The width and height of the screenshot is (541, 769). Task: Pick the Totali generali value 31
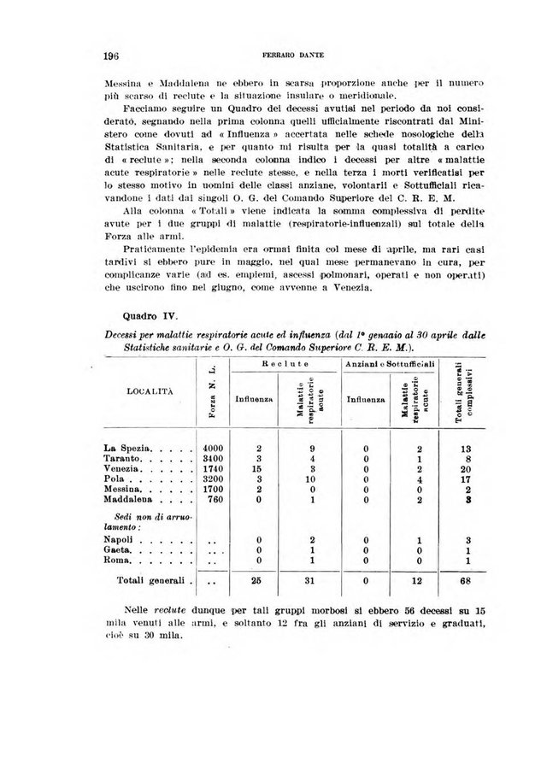[x=313, y=583]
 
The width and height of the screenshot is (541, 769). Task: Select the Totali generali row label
[x=152, y=583]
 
